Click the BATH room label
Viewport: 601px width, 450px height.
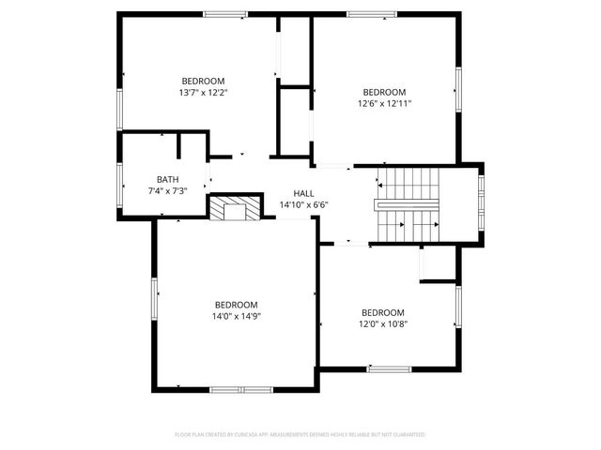tap(167, 179)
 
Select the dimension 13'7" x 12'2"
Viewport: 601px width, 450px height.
tap(203, 93)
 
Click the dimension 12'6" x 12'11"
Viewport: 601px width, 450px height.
tap(385, 104)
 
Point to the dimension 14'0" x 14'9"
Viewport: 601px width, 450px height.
tap(236, 317)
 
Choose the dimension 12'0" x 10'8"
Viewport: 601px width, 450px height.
tap(382, 324)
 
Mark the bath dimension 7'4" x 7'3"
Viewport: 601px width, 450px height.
tap(167, 191)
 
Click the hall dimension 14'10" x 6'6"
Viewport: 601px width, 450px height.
tap(303, 204)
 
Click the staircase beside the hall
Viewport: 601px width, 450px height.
tap(408, 203)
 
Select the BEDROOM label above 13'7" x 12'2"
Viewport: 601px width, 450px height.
tap(203, 81)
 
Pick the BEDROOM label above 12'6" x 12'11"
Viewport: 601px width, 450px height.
tap(385, 92)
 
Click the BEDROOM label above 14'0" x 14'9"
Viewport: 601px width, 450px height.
tap(236, 305)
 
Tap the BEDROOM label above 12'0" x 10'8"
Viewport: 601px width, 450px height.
tap(382, 312)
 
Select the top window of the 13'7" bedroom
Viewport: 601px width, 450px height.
tap(224, 13)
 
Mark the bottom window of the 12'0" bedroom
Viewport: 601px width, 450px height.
tap(389, 369)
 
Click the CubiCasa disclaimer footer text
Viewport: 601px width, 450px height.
tap(300, 435)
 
